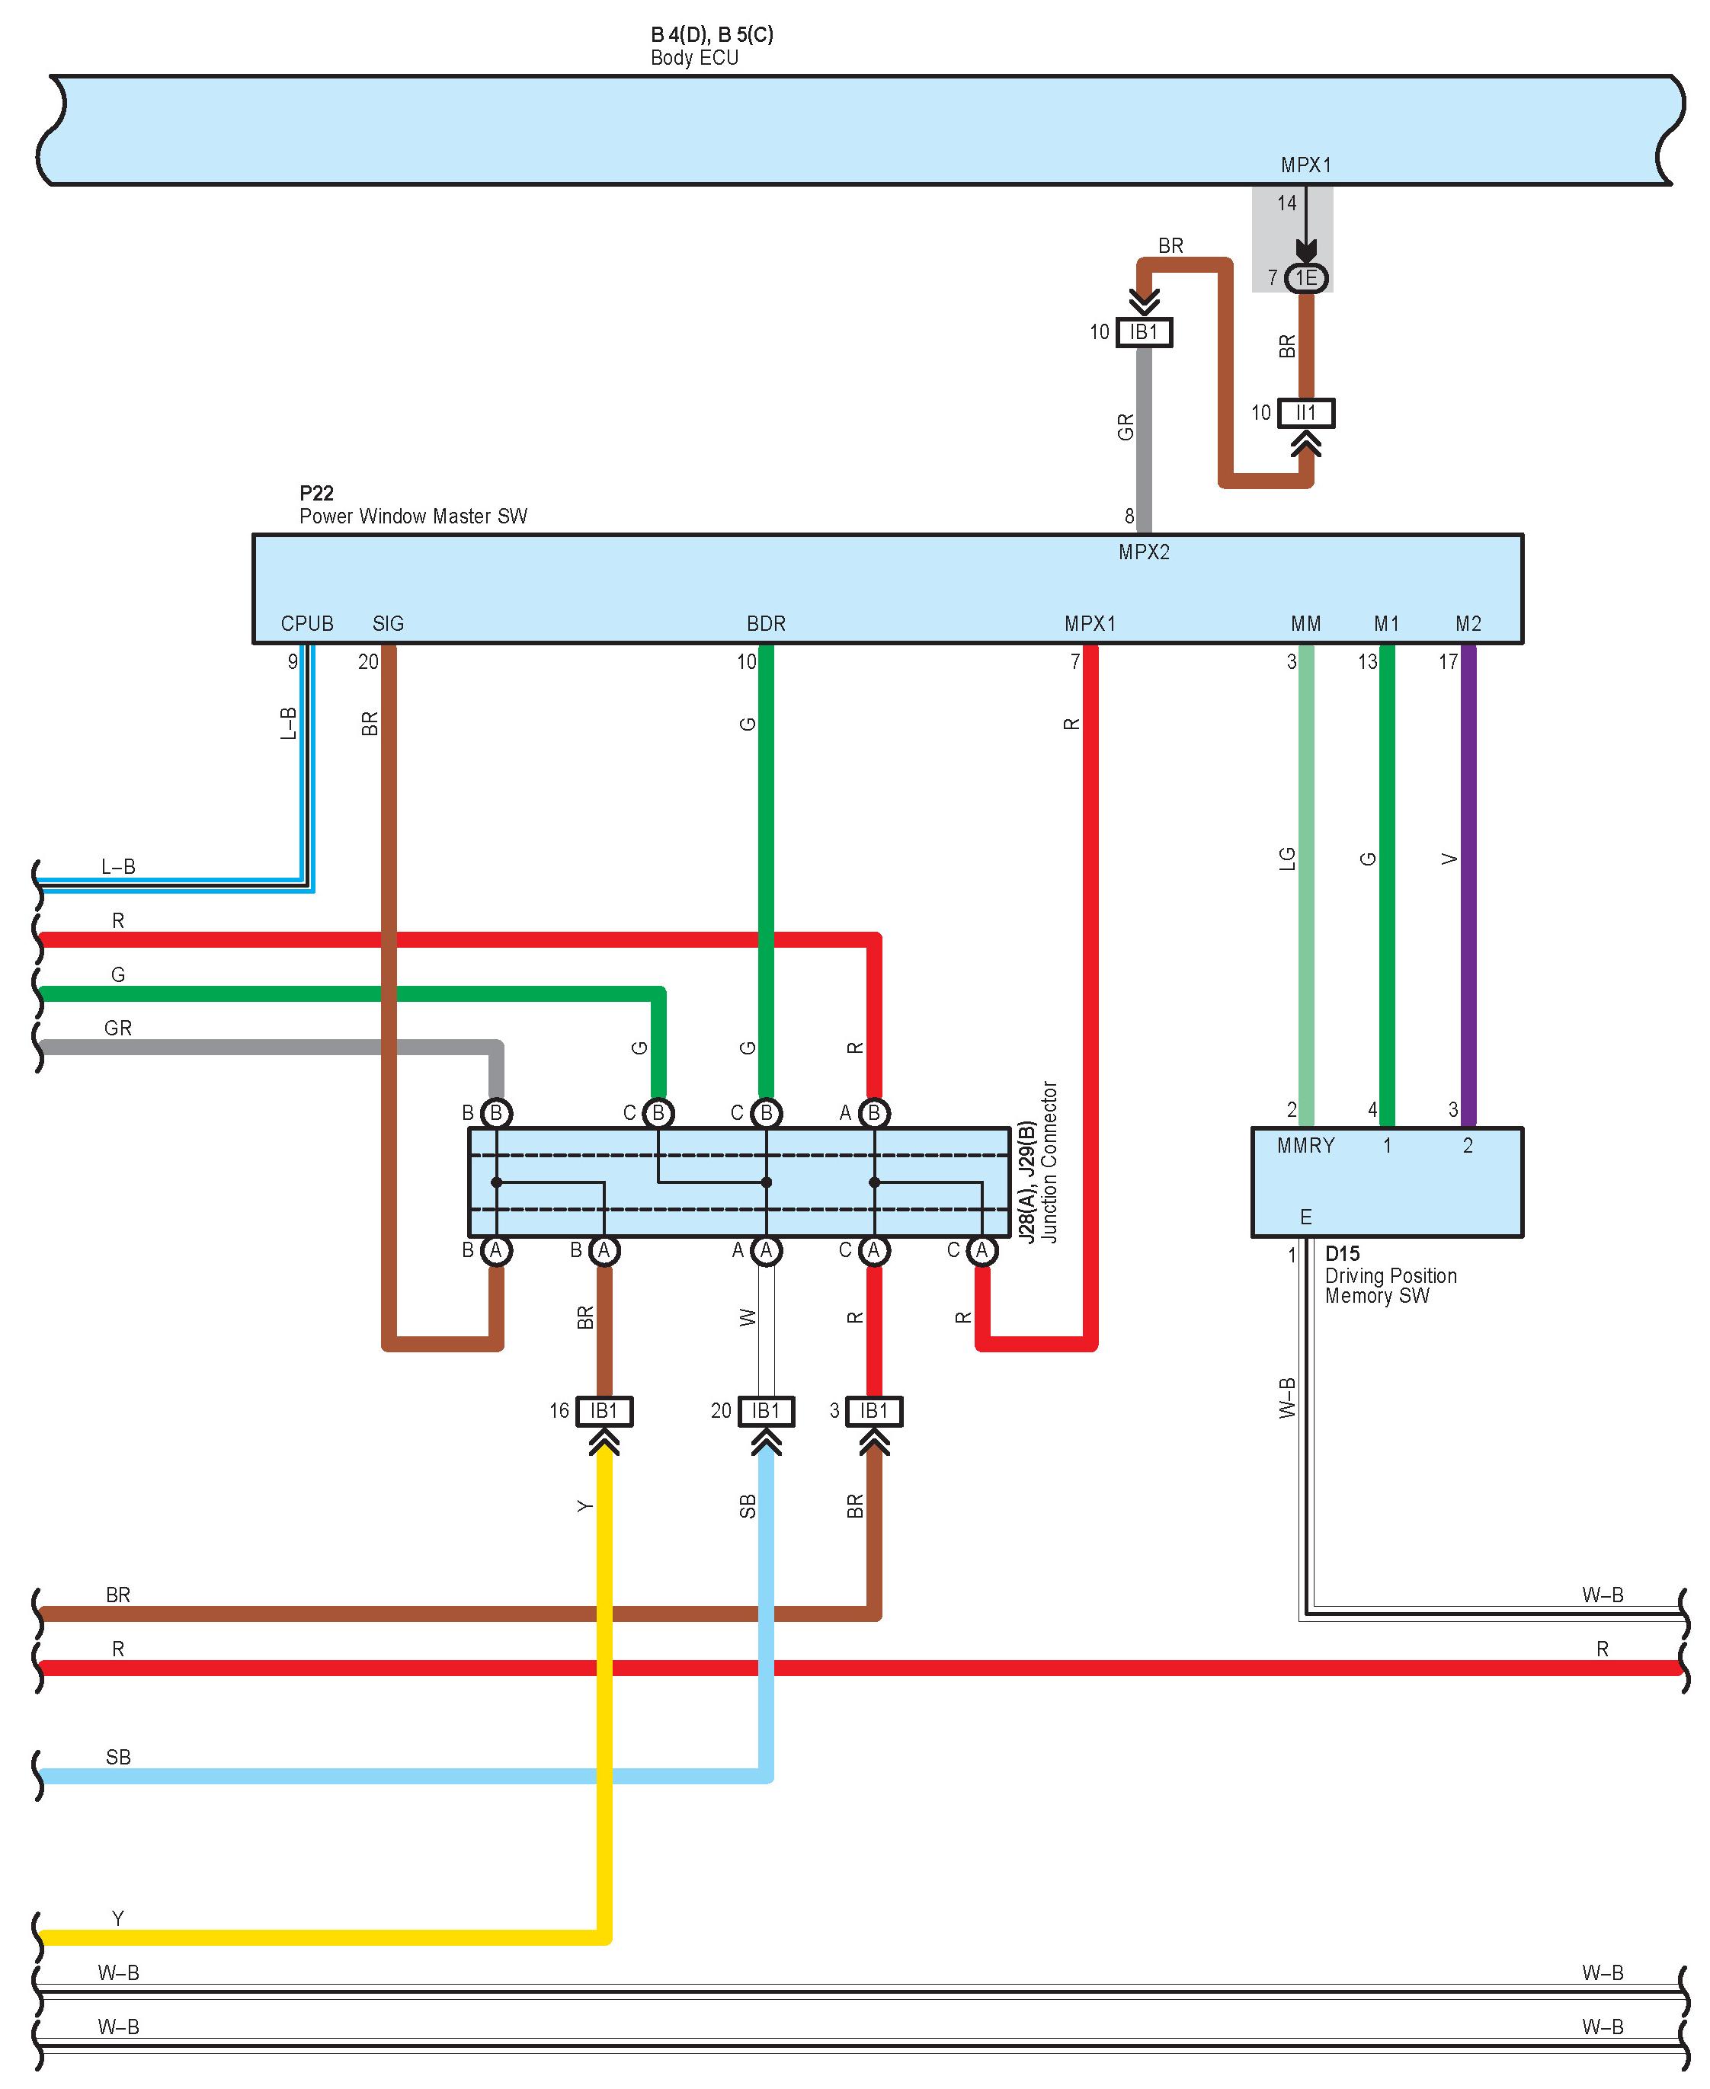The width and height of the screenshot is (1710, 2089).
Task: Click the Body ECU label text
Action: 694,58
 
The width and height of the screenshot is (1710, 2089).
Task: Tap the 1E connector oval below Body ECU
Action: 1306,278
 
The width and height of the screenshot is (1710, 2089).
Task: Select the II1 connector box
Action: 1306,413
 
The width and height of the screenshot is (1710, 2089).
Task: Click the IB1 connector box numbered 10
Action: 1144,332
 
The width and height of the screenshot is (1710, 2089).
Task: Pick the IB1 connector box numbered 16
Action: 604,1412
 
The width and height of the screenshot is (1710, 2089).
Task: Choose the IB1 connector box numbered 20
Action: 767,1412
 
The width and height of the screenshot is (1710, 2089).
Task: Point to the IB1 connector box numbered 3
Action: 874,1412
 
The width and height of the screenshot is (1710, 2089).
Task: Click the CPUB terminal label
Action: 307,623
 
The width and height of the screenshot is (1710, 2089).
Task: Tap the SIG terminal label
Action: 388,623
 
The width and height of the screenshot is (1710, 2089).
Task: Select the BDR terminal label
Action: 767,623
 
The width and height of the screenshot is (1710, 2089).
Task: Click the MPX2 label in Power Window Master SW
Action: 1144,552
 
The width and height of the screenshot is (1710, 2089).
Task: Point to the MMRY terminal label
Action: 1306,1146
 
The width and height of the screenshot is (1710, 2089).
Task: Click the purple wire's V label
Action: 1449,859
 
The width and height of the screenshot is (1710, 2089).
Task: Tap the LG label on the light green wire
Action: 1287,859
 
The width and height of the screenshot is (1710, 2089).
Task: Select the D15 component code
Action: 1342,1254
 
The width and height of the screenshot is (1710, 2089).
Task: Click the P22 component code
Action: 316,494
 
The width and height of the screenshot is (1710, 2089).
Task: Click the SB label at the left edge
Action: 118,1757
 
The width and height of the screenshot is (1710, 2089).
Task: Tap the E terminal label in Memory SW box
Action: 1306,1217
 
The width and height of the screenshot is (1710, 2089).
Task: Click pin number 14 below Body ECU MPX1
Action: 1286,204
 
